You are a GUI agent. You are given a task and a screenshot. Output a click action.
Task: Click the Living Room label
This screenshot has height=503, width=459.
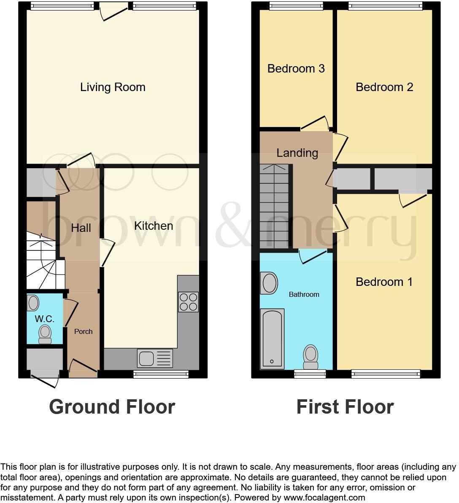click(x=113, y=87)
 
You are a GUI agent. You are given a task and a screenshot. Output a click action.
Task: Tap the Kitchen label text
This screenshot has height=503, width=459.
click(x=154, y=226)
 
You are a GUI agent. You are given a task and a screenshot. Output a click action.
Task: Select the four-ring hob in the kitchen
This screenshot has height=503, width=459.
click(x=188, y=301)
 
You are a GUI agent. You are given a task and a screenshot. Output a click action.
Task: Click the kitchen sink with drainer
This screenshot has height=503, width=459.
click(x=155, y=358)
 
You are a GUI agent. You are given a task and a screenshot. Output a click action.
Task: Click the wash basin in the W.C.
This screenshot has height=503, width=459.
click(x=33, y=303)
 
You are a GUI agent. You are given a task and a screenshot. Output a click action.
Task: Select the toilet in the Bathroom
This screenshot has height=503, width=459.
click(x=311, y=356)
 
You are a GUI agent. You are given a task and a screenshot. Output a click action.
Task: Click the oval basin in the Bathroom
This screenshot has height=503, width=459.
click(x=270, y=283)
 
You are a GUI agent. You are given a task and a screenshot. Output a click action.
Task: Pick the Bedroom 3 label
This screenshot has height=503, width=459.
click(x=296, y=69)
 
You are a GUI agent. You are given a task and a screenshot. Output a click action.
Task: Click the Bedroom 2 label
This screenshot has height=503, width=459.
click(x=384, y=87)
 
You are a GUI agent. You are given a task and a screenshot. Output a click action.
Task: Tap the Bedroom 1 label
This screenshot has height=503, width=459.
click(x=384, y=282)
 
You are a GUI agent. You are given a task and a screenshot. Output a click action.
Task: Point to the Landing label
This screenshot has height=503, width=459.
click(x=297, y=153)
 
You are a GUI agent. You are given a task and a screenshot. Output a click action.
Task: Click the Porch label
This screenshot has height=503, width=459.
click(x=83, y=332)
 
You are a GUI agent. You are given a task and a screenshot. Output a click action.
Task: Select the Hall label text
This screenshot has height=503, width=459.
click(x=81, y=228)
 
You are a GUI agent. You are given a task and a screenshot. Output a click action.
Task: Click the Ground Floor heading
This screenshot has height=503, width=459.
click(x=112, y=407)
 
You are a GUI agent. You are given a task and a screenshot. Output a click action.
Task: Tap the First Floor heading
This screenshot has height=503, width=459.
click(x=345, y=407)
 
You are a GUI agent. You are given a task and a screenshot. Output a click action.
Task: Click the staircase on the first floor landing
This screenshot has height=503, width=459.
click(x=274, y=207)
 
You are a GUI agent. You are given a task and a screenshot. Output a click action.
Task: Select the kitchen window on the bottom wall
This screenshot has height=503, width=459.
click(x=161, y=374)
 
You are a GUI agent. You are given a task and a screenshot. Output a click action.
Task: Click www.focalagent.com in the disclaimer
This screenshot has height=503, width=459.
click(x=324, y=498)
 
